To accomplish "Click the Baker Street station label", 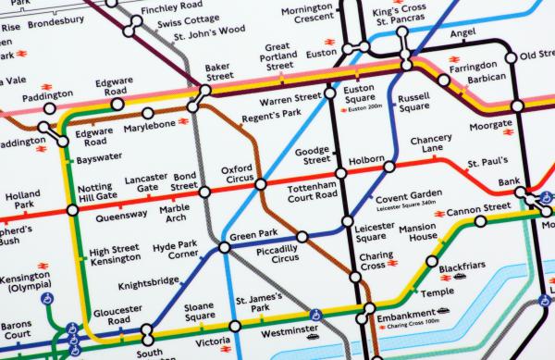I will (x=217, y=72).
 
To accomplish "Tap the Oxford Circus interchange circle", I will (x=260, y=183).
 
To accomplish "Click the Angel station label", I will (x=462, y=34).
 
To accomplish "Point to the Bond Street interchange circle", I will (x=204, y=192).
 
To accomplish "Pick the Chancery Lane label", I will (x=431, y=144).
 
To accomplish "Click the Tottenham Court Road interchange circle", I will (x=341, y=172).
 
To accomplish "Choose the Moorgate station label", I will (x=490, y=124).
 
